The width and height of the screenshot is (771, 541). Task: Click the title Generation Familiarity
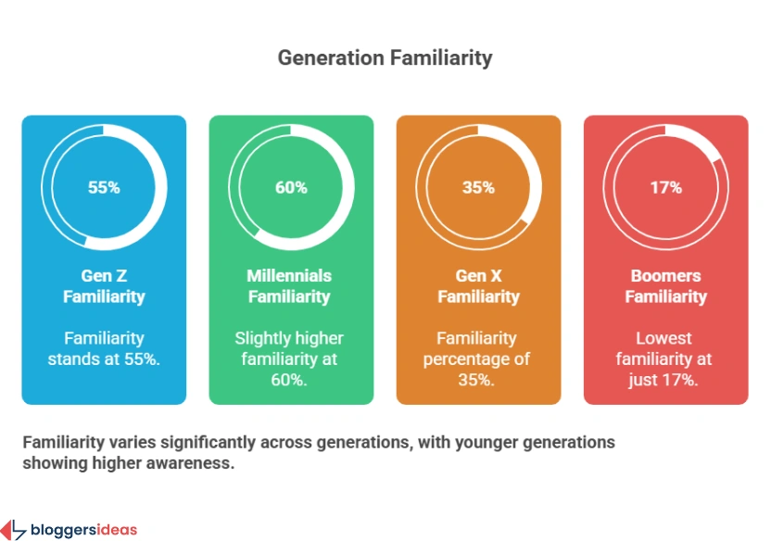[385, 57]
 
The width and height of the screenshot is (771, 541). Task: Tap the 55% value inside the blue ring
[104, 187]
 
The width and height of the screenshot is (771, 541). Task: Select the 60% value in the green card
[291, 187]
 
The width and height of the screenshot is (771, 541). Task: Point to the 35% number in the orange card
[478, 187]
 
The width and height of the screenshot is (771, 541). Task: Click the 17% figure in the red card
[665, 187]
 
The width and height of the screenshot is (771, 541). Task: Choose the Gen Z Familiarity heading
[104, 286]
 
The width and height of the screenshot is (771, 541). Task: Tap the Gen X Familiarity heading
[478, 286]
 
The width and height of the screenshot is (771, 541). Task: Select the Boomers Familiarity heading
[665, 286]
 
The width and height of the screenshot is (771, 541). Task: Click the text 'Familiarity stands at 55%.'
[104, 348]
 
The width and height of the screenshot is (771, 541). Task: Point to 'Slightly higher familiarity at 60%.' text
[291, 359]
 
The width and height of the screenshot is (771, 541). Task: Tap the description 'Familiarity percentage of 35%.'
[478, 359]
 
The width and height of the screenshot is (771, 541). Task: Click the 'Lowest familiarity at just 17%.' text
[665, 359]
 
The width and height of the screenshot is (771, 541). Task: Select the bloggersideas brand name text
[83, 531]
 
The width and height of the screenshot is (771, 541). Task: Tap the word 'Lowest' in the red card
[664, 338]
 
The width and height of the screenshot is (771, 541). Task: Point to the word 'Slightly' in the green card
[260, 338]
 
